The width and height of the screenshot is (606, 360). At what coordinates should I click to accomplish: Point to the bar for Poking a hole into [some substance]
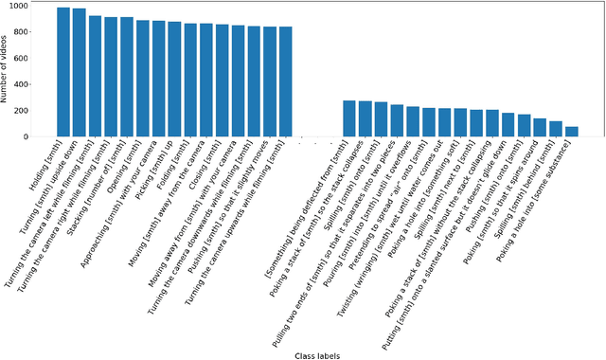tap(571, 132)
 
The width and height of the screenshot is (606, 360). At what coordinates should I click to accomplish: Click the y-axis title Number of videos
tap(8, 71)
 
